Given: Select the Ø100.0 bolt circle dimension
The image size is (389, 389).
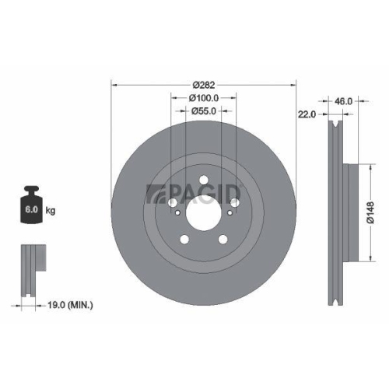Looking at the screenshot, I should point(204,98).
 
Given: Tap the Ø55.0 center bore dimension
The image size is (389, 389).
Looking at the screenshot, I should point(204,111).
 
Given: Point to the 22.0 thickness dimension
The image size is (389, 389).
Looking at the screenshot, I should point(306,115).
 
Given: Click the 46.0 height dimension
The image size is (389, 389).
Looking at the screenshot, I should point(343,100).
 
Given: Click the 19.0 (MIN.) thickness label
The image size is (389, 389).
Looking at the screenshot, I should point(68,306).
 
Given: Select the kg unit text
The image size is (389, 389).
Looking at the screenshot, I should point(50,211).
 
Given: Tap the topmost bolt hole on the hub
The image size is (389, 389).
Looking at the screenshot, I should point(204,180).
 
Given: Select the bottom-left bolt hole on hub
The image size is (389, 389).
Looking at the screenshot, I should point(185,239).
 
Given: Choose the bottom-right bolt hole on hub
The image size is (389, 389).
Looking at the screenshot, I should point(223,239).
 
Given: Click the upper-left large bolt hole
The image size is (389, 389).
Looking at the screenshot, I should point(173,203).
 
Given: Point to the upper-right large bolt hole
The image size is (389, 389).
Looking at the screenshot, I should point(234,203).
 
